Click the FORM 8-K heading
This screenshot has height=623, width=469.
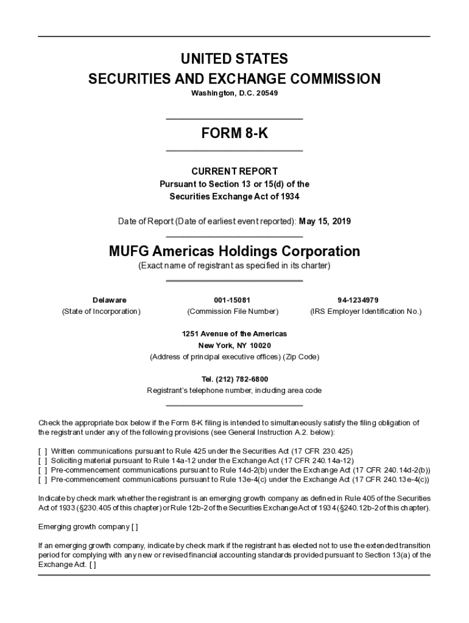coord(234,134)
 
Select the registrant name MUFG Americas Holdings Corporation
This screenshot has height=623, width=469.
coord(234,251)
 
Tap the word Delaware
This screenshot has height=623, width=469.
coord(110,300)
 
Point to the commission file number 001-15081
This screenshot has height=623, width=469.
coord(232,300)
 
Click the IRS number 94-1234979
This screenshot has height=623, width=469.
coord(358,300)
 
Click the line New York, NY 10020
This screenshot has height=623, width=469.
coord(234,346)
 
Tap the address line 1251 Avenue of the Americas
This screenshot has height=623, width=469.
coord(234,334)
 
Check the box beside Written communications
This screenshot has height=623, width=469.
coord(43,451)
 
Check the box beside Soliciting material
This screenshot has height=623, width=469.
coord(43,461)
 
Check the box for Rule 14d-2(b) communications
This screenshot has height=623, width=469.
coord(43,470)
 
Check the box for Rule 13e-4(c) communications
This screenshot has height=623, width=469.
coord(43,479)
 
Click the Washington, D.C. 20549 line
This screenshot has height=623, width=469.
coord(234,93)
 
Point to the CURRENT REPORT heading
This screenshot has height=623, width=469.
coord(234,172)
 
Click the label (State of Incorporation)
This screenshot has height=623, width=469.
coord(101,311)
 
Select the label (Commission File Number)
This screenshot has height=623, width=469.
coord(233,311)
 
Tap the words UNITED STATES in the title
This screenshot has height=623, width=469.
coord(234,59)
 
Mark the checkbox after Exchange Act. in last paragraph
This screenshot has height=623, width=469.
coord(93,565)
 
